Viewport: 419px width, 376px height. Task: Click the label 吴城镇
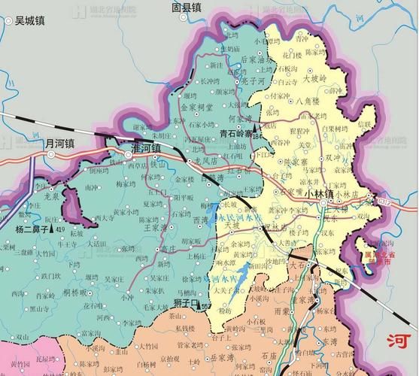point(29,21)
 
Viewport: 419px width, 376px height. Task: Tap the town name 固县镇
point(187,8)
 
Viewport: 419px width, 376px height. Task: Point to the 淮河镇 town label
point(147,149)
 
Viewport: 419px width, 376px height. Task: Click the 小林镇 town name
point(320,193)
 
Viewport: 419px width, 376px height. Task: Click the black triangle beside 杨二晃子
point(51,229)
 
